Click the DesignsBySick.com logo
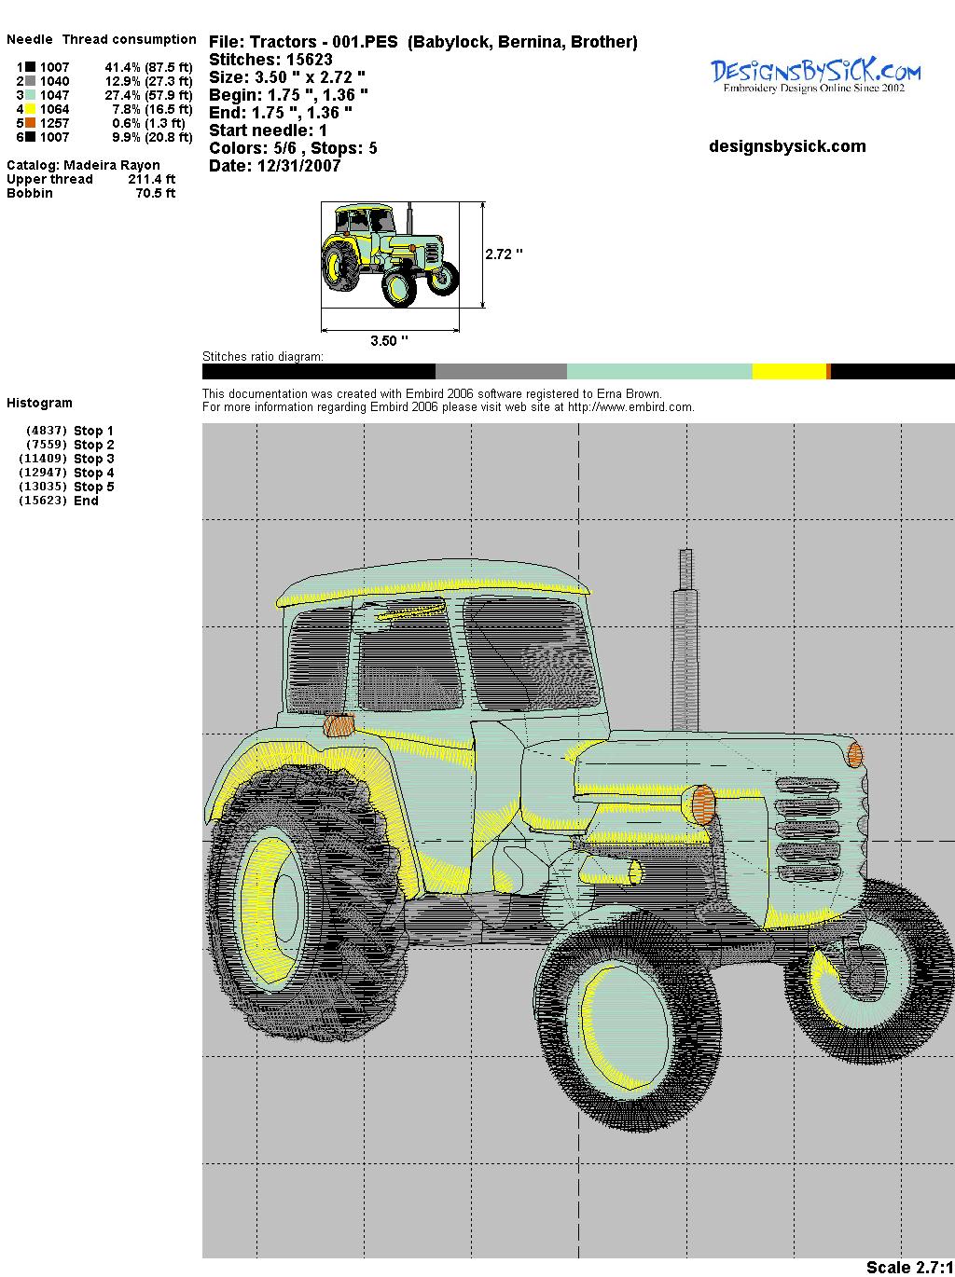(815, 76)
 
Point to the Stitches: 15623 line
(270, 60)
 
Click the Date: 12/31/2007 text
(275, 166)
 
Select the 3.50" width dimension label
(389, 340)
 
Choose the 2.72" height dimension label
(504, 254)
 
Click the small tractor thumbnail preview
(390, 254)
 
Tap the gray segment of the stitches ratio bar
(501, 371)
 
